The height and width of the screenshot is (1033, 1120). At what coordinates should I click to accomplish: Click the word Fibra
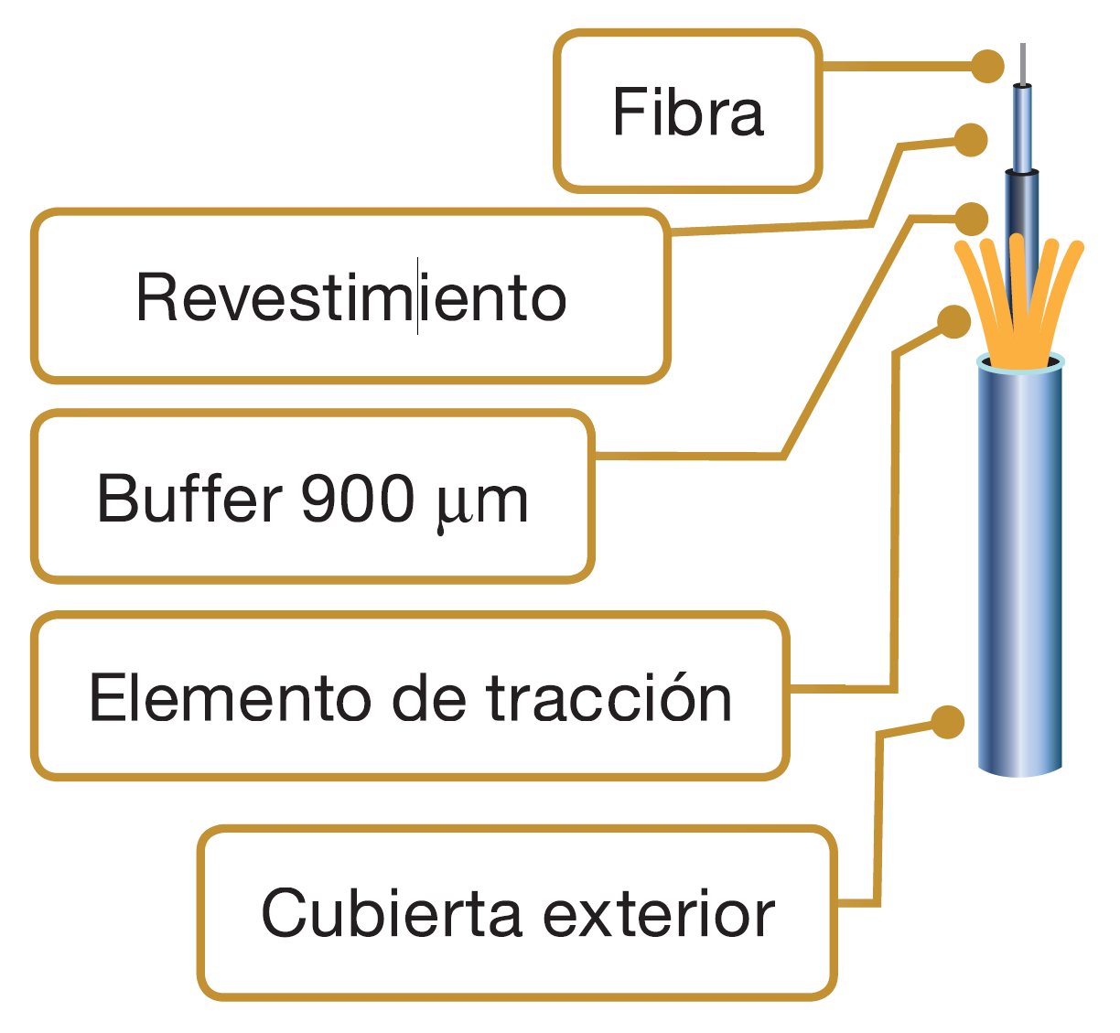[687, 113]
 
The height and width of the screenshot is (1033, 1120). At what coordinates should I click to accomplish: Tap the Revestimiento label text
[350, 297]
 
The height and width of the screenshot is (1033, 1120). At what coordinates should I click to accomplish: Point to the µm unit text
[481, 501]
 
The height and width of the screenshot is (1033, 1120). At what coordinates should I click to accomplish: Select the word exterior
[659, 913]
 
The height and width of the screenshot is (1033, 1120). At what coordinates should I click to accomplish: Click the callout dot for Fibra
[986, 66]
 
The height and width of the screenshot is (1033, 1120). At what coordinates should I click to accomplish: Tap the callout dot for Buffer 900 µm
[971, 219]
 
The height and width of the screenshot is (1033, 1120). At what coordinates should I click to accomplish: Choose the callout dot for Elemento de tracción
[953, 321]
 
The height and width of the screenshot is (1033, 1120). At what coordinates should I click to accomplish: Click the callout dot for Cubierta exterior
[948, 722]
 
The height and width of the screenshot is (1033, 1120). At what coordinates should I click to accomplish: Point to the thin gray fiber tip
[1022, 62]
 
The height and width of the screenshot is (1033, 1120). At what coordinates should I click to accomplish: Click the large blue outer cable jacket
[1020, 567]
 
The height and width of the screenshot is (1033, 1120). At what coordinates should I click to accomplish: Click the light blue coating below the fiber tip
[1022, 128]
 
